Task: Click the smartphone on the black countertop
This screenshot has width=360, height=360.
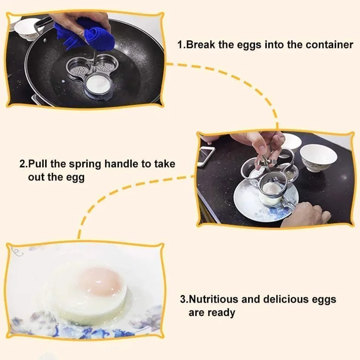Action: click(x=206, y=156)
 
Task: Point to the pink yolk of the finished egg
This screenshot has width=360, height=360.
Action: click(x=100, y=281)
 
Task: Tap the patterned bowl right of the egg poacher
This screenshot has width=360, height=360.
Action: click(x=318, y=158)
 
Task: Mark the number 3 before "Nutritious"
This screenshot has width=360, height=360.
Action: click(x=183, y=300)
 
